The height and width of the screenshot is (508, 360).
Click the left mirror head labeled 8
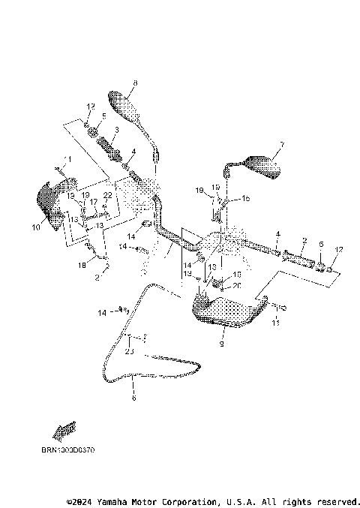point(125,106)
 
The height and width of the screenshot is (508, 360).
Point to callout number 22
point(107,195)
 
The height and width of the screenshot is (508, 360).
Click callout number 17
point(94,202)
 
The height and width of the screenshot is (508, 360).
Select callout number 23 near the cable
point(129,351)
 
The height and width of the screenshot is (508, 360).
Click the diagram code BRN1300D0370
point(68,450)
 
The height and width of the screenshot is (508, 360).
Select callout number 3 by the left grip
point(116,130)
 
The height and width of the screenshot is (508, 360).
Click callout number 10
point(34,226)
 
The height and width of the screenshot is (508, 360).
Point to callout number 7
point(282,144)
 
